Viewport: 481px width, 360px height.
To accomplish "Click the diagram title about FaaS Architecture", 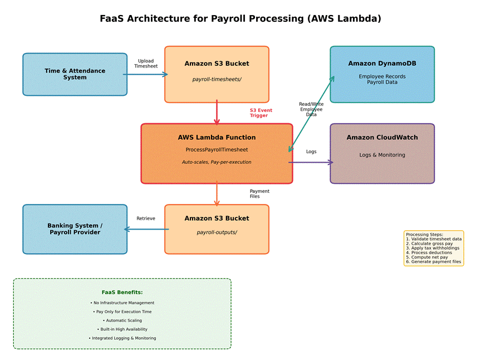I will click(x=240, y=18).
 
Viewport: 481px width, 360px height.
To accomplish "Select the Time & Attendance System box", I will click(x=75, y=74).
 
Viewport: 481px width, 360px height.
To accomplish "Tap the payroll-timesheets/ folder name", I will click(x=217, y=79).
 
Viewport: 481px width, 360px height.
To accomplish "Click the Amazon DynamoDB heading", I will click(x=382, y=64).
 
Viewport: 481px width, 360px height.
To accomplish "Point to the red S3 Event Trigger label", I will click(x=261, y=113).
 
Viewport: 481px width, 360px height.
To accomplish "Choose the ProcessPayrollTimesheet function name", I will click(x=217, y=149).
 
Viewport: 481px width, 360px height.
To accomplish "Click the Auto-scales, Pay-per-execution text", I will click(x=217, y=162).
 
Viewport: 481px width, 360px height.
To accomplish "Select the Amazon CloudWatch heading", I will click(x=382, y=138).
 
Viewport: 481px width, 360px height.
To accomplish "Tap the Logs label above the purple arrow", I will click(x=311, y=152).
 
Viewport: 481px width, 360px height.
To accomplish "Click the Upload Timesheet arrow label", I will click(x=146, y=64).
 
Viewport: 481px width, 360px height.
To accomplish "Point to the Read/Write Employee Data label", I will click(x=311, y=109).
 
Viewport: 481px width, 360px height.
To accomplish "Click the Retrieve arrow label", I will click(x=146, y=218).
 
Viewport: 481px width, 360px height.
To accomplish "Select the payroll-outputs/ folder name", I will click(x=217, y=232).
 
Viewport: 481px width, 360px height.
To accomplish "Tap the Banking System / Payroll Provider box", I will click(x=75, y=229).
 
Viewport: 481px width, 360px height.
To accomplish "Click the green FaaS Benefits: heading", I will click(x=122, y=292).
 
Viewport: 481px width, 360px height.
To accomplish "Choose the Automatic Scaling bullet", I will click(x=122, y=320).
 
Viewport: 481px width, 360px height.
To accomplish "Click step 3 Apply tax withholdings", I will click(x=433, y=248).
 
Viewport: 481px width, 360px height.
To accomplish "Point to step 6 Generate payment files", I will click(x=433, y=261).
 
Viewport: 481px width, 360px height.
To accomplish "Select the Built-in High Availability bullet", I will click(x=122, y=329).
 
